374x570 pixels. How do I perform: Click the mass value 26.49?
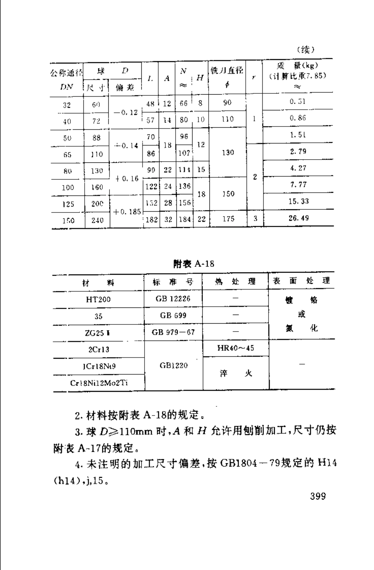click(x=298, y=218)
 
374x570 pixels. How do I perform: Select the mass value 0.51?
click(x=298, y=102)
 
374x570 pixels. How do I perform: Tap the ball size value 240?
click(x=97, y=220)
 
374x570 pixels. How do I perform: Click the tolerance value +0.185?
click(x=127, y=212)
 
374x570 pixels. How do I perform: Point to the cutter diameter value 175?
click(x=228, y=219)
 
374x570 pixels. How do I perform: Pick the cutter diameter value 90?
click(x=228, y=102)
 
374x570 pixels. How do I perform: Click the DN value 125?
click(x=68, y=204)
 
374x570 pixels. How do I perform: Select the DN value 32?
click(x=67, y=105)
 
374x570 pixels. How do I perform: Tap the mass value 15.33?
click(x=299, y=201)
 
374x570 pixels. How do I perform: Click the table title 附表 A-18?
click(x=194, y=264)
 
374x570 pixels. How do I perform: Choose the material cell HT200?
click(x=98, y=300)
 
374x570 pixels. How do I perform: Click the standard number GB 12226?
click(x=173, y=299)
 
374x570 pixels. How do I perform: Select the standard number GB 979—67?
click(x=173, y=332)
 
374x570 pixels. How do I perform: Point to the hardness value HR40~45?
click(x=235, y=348)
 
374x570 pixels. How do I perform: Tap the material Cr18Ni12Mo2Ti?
click(x=99, y=383)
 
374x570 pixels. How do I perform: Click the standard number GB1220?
click(x=174, y=365)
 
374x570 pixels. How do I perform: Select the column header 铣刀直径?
click(x=227, y=71)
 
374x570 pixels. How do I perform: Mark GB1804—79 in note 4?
click(x=249, y=463)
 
